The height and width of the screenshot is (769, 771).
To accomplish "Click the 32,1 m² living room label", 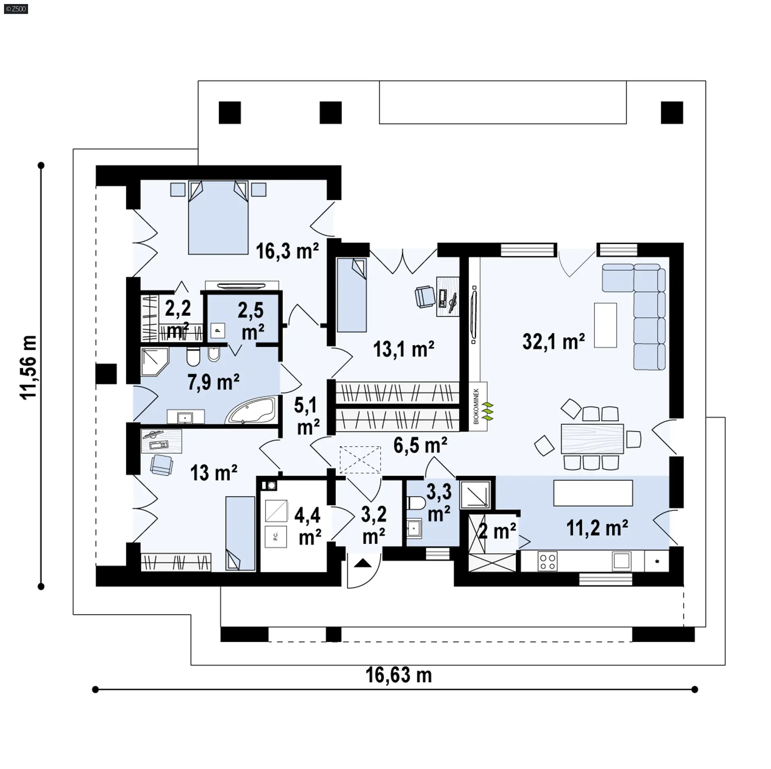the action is [553, 342].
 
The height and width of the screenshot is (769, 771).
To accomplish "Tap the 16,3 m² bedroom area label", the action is [287, 251].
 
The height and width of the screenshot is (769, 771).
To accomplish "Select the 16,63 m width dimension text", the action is [398, 675].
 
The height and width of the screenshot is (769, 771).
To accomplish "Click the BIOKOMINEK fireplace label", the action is [476, 406].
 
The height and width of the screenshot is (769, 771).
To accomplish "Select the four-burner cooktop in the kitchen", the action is [547, 561].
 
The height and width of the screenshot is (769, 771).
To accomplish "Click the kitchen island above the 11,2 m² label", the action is [593, 493].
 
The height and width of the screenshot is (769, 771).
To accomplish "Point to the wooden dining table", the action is [592, 439].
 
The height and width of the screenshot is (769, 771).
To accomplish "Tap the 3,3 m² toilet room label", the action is [439, 502].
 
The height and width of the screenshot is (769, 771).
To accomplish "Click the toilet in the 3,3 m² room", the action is [416, 502].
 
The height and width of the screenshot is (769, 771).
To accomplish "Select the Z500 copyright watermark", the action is [16, 9].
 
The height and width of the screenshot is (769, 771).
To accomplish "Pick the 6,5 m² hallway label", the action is [420, 446].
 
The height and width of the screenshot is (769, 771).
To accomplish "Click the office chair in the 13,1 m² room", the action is [424, 297].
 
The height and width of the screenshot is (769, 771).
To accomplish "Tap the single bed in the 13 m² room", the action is [240, 533].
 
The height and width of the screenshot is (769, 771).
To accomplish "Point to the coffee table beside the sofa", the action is [605, 325].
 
